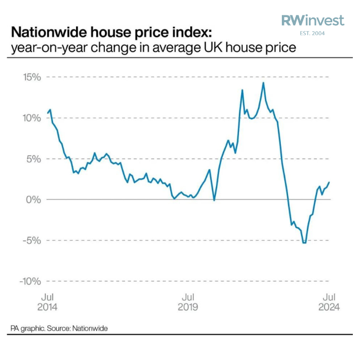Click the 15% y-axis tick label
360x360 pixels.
(31, 77)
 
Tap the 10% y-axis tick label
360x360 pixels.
(31, 118)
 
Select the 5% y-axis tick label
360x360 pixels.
(33, 158)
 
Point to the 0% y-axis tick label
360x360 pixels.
(33, 199)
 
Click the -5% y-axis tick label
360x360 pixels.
(31, 240)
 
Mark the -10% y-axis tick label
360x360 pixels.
(29, 281)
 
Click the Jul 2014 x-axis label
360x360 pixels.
(48, 302)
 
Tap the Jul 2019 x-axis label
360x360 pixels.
(189, 302)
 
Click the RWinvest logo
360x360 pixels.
(313, 21)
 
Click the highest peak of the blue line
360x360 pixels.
(263, 83)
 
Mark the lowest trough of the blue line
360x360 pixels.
(304, 242)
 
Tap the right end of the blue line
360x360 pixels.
(329, 182)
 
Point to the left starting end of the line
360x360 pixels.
(47, 113)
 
